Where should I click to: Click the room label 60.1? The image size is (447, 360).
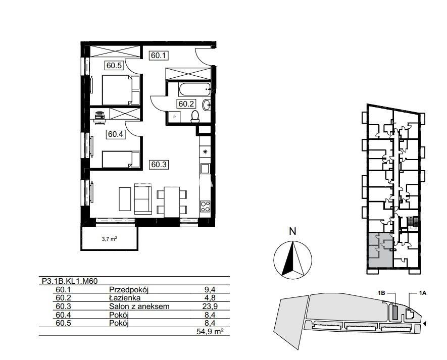pyautogui.click(x=159, y=56)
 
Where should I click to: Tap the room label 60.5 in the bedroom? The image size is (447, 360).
pyautogui.click(x=114, y=66)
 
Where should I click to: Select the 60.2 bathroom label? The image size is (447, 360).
pyautogui.click(x=186, y=104)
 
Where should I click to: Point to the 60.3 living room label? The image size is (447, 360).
pyautogui.click(x=159, y=165)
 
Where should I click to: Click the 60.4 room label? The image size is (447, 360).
pyautogui.click(x=116, y=134)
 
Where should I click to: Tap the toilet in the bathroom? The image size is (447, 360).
pyautogui.click(x=195, y=117)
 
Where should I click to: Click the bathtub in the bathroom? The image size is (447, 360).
pyautogui.click(x=194, y=89)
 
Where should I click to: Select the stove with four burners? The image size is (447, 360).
pyautogui.click(x=205, y=206)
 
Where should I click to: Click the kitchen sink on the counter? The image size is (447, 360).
pyautogui.click(x=205, y=169)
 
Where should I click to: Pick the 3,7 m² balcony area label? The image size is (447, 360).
pyautogui.click(x=110, y=239)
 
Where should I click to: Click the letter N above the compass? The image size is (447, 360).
pyautogui.click(x=292, y=231)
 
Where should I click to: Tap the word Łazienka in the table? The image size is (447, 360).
pyautogui.click(x=125, y=298)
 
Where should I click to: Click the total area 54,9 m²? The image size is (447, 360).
pyautogui.click(x=210, y=332)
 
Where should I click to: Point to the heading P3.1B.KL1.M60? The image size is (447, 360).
pyautogui.click(x=70, y=281)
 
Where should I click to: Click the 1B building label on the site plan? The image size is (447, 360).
pyautogui.click(x=382, y=293)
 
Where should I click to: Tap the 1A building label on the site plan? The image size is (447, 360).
pyautogui.click(x=422, y=293)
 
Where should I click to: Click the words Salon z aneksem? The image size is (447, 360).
pyautogui.click(x=139, y=306)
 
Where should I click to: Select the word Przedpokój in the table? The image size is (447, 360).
pyautogui.click(x=129, y=290)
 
